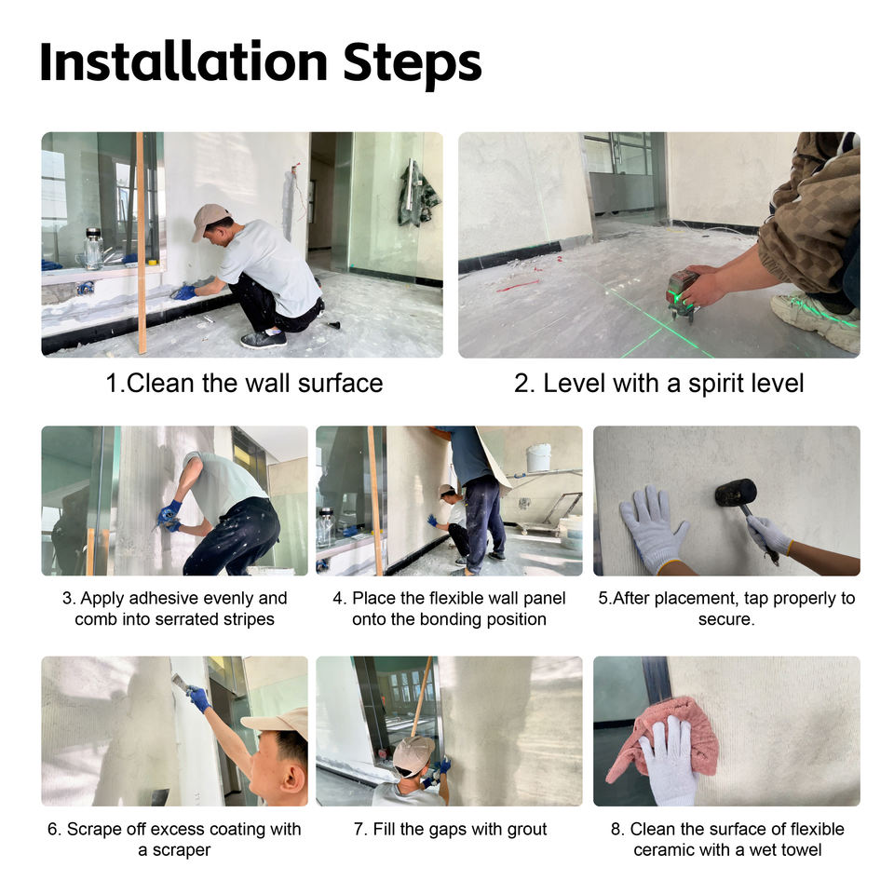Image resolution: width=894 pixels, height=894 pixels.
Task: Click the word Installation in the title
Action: pyautogui.click(x=183, y=62)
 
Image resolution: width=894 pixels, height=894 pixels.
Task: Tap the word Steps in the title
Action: pyautogui.click(x=413, y=65)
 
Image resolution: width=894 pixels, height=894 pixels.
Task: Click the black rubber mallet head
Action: pyautogui.click(x=736, y=492)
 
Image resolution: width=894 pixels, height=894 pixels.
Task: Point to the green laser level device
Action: pyautogui.click(x=683, y=292)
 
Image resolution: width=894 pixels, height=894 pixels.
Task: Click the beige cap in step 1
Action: pyautogui.click(x=208, y=219)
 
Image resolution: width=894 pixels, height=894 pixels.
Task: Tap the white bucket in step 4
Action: pyautogui.click(x=538, y=458)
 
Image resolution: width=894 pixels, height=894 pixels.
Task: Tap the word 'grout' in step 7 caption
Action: pyautogui.click(x=523, y=830)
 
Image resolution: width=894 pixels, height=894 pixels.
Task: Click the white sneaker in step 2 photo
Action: pyautogui.click(x=816, y=318)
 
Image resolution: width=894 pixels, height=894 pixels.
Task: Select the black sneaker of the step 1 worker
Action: pyautogui.click(x=264, y=340)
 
